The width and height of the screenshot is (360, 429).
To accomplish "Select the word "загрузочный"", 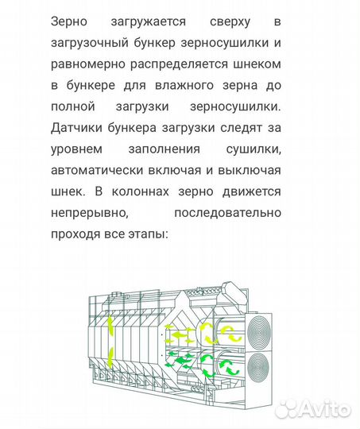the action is click(x=87, y=42).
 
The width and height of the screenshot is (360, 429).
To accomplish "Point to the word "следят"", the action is click(x=244, y=128).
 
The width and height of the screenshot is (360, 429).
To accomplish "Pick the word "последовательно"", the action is click(x=229, y=214).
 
